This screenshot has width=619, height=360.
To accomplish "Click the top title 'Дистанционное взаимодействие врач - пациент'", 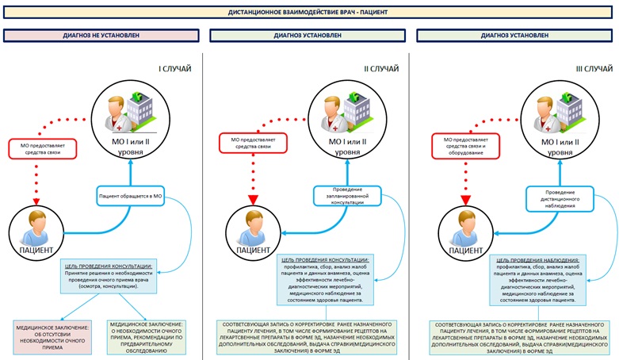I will tap(309, 13).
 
